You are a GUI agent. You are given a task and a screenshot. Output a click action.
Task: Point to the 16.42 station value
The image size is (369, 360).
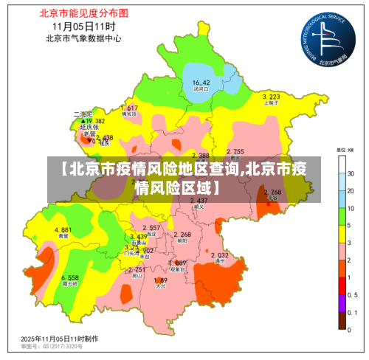coord(201,82)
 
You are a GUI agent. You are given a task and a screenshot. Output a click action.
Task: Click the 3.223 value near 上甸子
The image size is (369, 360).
coord(271,97)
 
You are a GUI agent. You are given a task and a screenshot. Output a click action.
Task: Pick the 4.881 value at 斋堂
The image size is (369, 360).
coord(63,230)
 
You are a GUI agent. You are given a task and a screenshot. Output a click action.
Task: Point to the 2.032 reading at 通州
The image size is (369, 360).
coord(219,255)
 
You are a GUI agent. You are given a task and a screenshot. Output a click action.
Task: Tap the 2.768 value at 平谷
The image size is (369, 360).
coord(272,192)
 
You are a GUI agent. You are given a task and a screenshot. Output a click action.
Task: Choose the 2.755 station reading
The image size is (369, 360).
coord(235,151)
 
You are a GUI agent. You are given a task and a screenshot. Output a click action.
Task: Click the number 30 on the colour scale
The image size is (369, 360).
coord(352,173)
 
